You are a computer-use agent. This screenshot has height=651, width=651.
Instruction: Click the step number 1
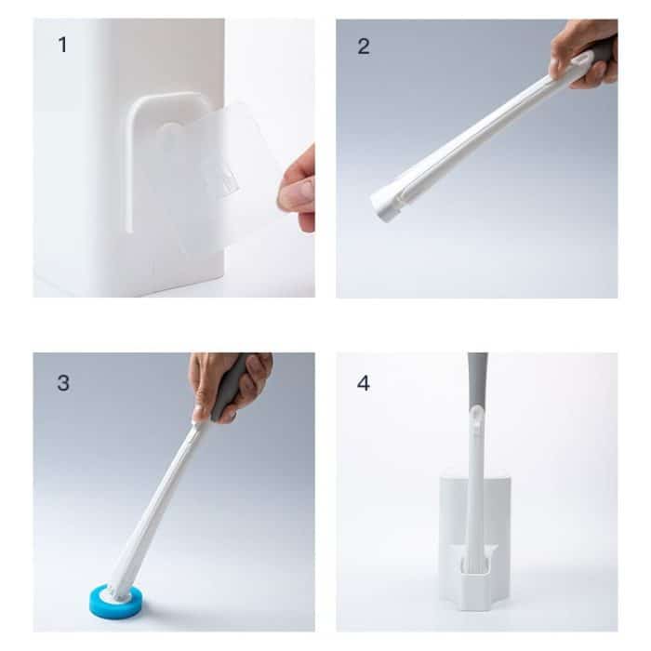click(x=62, y=45)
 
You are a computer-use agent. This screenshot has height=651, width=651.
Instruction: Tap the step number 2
click(x=364, y=46)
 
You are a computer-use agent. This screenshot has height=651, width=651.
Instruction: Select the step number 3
click(x=62, y=382)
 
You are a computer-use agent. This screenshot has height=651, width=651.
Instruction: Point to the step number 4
click(x=364, y=382)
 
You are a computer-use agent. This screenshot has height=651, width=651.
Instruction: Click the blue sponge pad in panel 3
click(x=115, y=601)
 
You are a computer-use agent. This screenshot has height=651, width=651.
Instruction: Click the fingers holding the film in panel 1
click(x=299, y=190)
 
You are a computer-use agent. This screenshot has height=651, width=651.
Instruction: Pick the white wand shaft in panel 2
click(x=484, y=130)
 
